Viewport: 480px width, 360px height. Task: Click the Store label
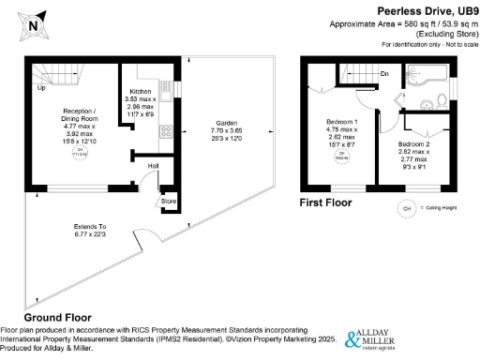pyautogui.click(x=168, y=200)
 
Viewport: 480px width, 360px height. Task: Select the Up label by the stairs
pyautogui.click(x=40, y=88)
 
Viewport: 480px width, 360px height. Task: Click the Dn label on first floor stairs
pyautogui.click(x=384, y=72)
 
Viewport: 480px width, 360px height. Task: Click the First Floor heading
pyautogui.click(x=326, y=202)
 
